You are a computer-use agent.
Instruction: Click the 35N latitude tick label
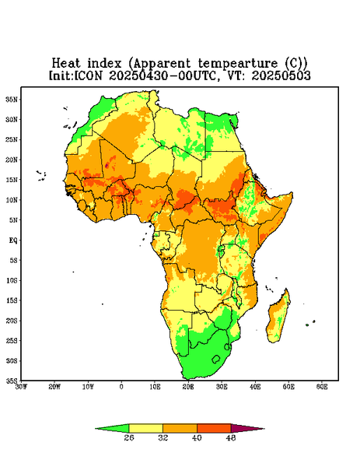12,99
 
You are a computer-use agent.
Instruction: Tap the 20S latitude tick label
12,321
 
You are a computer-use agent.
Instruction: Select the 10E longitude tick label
155,387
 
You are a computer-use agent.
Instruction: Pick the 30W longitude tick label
21,387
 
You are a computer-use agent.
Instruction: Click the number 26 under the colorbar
129,437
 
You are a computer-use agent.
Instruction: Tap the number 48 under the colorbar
231,437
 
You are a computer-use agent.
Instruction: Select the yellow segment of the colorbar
145,428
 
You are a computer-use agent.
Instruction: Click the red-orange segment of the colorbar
214,428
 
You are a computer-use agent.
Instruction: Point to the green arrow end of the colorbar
112,428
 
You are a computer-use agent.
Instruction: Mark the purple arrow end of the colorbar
247,428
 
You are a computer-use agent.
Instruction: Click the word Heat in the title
66,64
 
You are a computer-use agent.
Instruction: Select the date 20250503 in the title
281,75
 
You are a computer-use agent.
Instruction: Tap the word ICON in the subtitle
88,75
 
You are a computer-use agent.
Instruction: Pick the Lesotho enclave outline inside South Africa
216,359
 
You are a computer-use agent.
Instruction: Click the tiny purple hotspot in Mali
107,165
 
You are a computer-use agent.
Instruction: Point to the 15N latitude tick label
12,180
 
